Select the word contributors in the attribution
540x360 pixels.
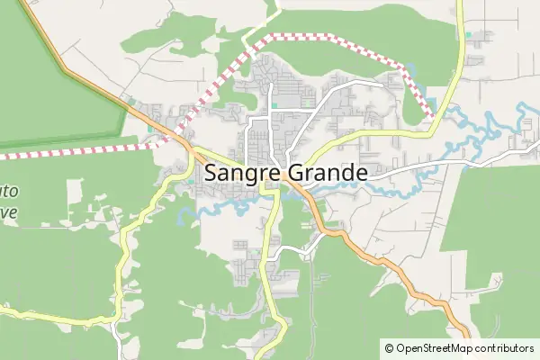point(505,347)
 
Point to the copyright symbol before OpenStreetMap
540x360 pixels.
point(389,347)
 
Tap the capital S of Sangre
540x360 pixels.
point(212,173)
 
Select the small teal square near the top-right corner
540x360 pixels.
point(468,35)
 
